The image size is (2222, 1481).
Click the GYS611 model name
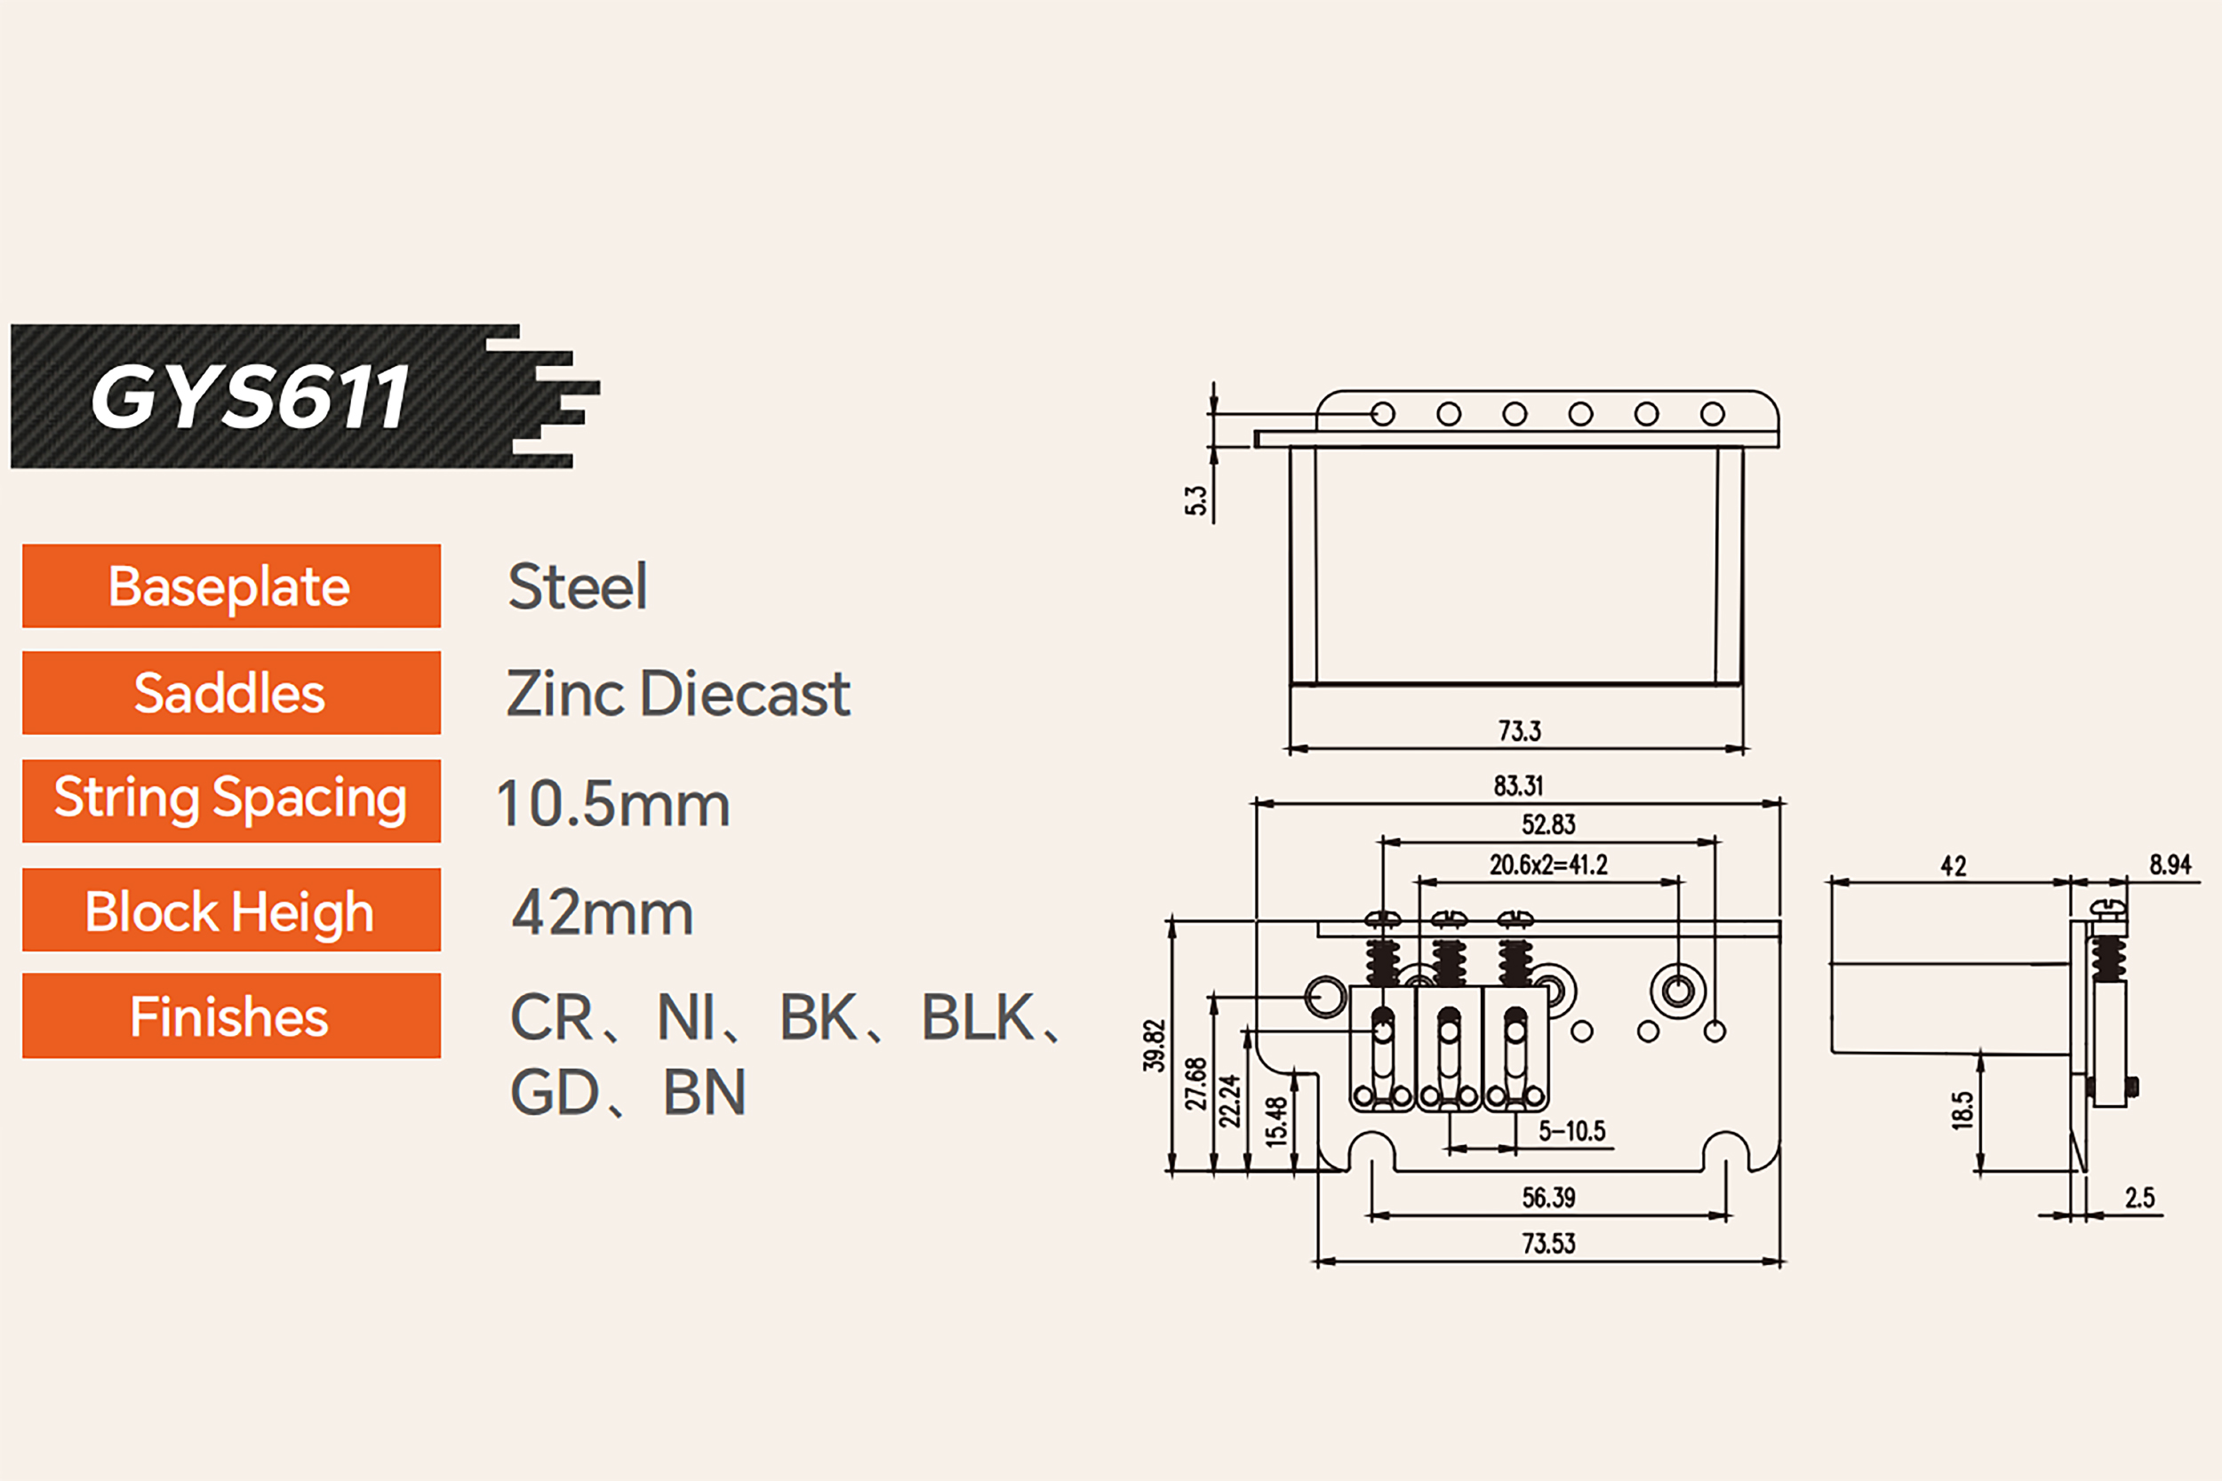(x=250, y=397)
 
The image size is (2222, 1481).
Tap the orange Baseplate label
(x=231, y=585)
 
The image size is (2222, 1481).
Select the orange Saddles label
(x=231, y=692)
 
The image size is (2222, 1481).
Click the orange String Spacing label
(x=231, y=800)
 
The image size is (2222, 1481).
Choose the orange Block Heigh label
(x=231, y=910)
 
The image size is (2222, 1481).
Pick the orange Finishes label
(x=231, y=1015)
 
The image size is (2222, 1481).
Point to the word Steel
(x=577, y=586)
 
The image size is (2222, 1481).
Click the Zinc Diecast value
(x=678, y=693)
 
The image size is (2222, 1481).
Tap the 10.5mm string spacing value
(x=613, y=804)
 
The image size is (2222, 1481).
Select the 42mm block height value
(x=603, y=913)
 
